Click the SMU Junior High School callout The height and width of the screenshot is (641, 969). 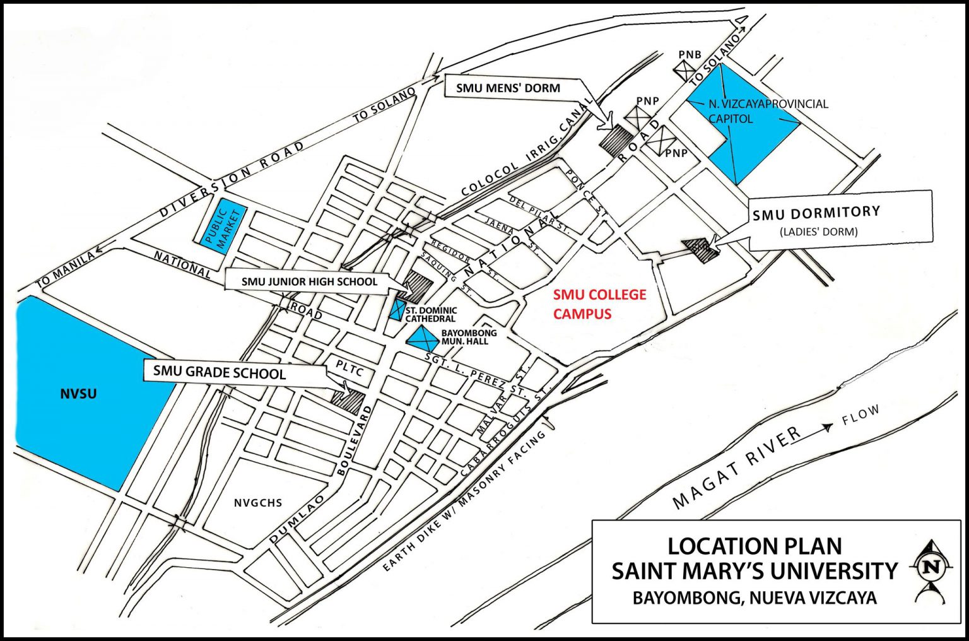309,282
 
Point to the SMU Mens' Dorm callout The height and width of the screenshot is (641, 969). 508,88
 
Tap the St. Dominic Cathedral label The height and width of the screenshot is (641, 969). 431,315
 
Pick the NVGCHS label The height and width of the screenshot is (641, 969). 257,503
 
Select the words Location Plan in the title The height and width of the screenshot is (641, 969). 755,546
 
